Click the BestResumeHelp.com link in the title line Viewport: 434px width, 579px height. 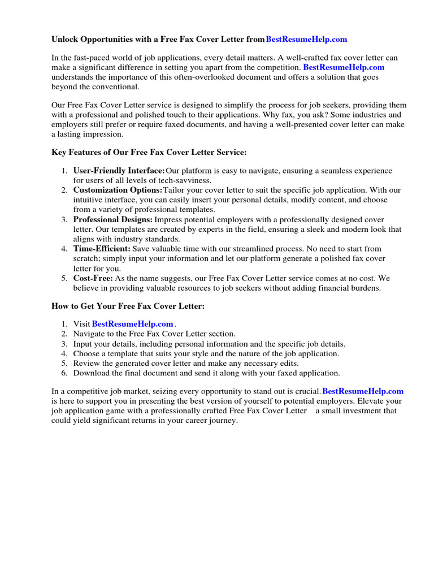pos(306,39)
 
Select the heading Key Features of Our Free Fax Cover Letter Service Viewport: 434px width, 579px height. pos(149,153)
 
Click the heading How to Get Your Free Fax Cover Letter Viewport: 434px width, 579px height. pos(128,306)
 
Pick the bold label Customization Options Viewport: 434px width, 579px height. pos(118,190)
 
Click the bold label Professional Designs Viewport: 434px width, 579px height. pos(113,219)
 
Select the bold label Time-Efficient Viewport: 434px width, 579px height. pos(102,248)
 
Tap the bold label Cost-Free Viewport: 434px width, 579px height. pos(93,278)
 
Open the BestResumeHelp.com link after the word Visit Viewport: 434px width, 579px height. pos(132,324)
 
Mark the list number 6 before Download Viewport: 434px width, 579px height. pos(64,373)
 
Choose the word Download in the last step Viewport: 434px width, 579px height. pos(92,373)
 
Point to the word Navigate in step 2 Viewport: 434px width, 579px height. pos(90,334)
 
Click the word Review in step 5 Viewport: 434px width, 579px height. pos(86,363)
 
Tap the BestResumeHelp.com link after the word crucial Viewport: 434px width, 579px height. pos(363,391)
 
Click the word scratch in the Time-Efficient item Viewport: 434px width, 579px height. pos(87,258)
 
